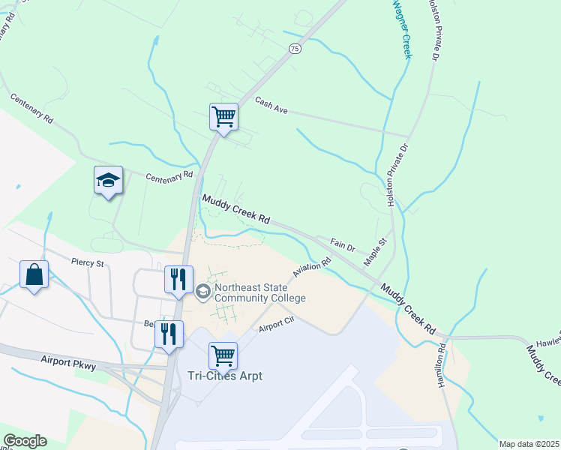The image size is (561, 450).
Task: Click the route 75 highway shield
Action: tap(295, 49)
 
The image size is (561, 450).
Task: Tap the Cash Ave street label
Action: tap(271, 105)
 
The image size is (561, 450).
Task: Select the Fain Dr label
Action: tap(342, 246)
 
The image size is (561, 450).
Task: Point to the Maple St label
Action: tap(374, 251)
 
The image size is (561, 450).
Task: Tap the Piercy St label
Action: tap(86, 262)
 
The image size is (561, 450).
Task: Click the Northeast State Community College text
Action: tap(259, 292)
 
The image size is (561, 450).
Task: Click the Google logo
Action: tap(25, 441)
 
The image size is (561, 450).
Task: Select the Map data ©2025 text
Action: tap(529, 444)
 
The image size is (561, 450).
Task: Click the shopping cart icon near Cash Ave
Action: tap(223, 116)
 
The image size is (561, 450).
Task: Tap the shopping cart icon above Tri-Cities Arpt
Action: tap(223, 355)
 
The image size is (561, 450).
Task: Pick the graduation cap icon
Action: tap(109, 180)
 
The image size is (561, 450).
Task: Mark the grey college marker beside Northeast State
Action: tap(202, 291)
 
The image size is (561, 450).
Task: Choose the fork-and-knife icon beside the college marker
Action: tap(178, 279)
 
